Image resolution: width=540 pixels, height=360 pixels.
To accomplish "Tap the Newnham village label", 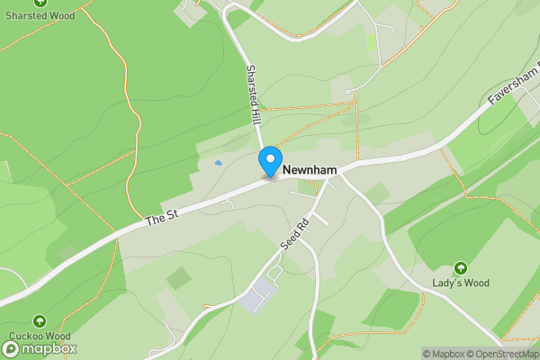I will tap(310, 169).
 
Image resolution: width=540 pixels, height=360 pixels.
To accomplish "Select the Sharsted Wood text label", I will tap(40, 14).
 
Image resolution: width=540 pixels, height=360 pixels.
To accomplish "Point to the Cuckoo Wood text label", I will tap(39, 337).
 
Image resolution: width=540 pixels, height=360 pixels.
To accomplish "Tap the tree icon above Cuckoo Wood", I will tap(39, 321).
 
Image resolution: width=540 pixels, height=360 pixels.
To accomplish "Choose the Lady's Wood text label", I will tap(461, 283).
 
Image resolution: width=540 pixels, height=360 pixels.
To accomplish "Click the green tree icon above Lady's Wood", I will tap(461, 267).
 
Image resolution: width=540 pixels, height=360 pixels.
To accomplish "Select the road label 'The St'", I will tap(158, 219).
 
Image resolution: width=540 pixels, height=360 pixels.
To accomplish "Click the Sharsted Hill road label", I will tap(254, 94).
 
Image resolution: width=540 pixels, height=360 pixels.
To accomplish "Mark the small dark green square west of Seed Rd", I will tap(178, 279).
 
